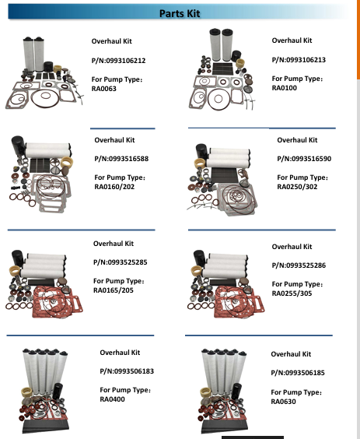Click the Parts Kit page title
[180, 13]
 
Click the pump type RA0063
[103, 89]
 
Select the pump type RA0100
[285, 88]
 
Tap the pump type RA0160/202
[114, 187]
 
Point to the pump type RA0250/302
[297, 187]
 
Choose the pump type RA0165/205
[114, 290]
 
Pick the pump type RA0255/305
[292, 293]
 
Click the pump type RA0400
[112, 399]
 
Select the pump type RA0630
[283, 402]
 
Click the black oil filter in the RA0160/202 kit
[18, 145]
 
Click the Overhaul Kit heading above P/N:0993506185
[291, 354]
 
